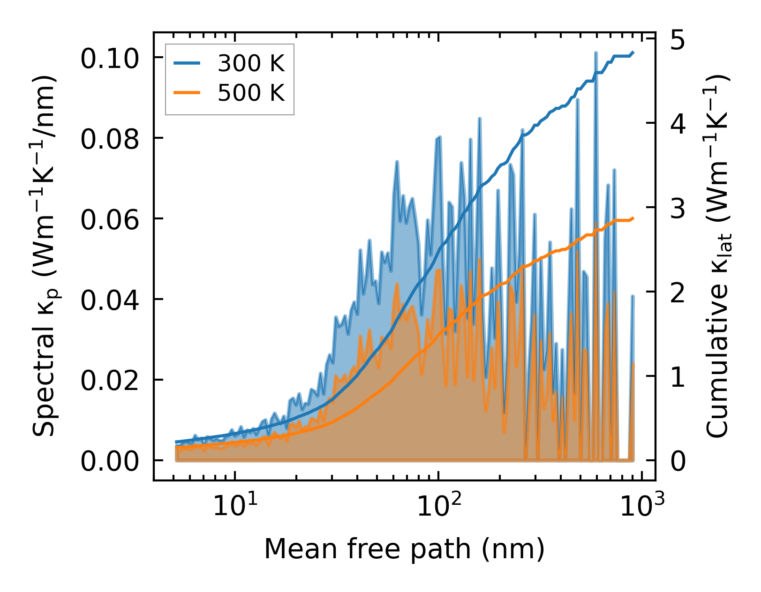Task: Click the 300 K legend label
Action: click(x=251, y=63)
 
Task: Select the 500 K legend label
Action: click(x=251, y=93)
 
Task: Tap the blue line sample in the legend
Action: click(x=187, y=63)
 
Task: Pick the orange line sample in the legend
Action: click(x=187, y=93)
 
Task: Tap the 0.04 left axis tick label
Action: click(x=110, y=300)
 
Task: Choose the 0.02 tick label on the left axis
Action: click(x=110, y=381)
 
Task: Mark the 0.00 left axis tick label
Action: click(x=110, y=461)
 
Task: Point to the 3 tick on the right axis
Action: click(x=677, y=209)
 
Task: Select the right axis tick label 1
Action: click(x=677, y=377)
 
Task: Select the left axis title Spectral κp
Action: click(x=45, y=256)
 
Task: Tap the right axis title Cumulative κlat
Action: click(x=717, y=256)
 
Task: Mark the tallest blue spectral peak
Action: click(x=595, y=53)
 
